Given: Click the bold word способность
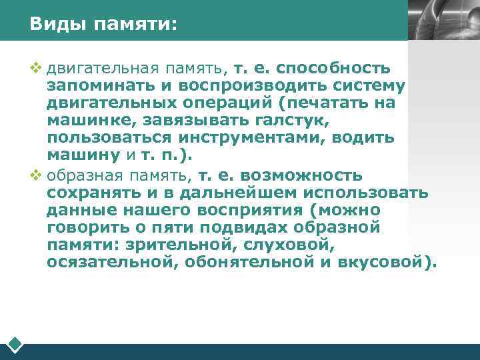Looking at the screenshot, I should pyautogui.click(x=333, y=69).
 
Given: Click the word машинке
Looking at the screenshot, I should pyautogui.click(x=85, y=121).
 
